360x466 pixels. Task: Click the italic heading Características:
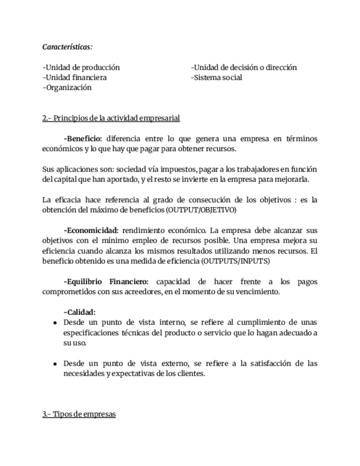[x=68, y=47]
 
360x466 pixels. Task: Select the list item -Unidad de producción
[x=81, y=68]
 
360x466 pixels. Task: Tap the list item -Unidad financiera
[x=75, y=77]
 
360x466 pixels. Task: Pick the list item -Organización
[x=67, y=87]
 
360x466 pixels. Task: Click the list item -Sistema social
[x=217, y=77]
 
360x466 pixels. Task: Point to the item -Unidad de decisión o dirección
[x=244, y=68]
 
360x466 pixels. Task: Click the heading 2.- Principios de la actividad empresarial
[x=111, y=118]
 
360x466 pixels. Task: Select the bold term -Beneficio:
[x=83, y=138]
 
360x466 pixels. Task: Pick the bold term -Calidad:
[x=80, y=312]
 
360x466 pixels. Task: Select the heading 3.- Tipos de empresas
[x=79, y=414]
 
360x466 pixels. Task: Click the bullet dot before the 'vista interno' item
[x=56, y=323]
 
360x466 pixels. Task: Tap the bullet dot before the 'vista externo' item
[x=56, y=364]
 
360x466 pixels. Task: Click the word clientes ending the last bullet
[x=190, y=374]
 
